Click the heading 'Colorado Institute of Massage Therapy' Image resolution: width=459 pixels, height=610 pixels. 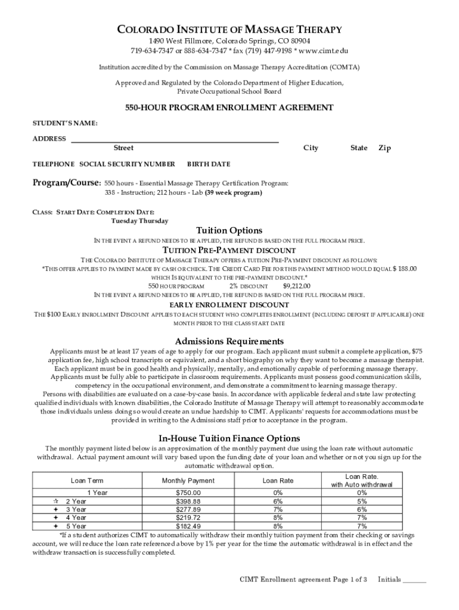tap(229, 29)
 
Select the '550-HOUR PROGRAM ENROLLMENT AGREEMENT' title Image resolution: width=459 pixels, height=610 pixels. tap(229, 108)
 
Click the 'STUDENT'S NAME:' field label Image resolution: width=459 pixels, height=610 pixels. tap(64, 123)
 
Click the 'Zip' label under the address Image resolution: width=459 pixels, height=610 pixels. tap(384, 148)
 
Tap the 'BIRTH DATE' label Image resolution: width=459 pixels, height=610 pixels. tap(209, 164)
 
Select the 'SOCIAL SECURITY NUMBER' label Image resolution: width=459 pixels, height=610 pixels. tap(127, 164)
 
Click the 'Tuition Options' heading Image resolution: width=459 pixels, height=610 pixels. tap(229, 231)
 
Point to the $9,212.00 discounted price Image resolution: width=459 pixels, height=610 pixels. tap(296, 286)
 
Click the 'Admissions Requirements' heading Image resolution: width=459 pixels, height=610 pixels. tap(229, 341)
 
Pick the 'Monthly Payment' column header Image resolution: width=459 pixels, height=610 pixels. tap(188, 480)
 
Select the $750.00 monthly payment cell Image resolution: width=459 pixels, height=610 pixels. tap(188, 493)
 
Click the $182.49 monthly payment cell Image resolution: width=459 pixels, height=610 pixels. tap(188, 526)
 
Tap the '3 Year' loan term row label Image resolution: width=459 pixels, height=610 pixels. tap(76, 509)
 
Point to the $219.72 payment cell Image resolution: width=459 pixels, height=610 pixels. tap(188, 518)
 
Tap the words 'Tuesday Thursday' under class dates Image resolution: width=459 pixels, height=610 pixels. tap(139, 221)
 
